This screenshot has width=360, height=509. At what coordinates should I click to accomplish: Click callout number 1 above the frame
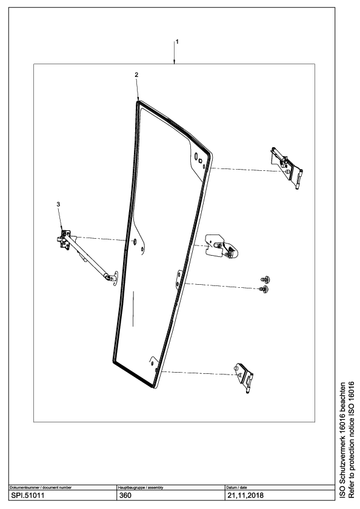pyautogui.click(x=177, y=42)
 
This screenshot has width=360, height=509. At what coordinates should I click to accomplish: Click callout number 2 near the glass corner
pyautogui.click(x=136, y=75)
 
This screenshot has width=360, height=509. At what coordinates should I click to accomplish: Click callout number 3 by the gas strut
pyautogui.click(x=58, y=204)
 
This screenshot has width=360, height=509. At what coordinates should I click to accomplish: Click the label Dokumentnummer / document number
pyautogui.click(x=41, y=488)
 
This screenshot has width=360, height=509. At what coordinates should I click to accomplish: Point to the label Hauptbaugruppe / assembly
pyautogui.click(x=141, y=488)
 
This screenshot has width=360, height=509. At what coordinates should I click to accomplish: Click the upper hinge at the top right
pyautogui.click(x=287, y=168)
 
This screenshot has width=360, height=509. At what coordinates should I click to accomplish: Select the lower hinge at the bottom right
pyautogui.click(x=244, y=378)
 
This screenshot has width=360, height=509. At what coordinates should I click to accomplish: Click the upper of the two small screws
pyautogui.click(x=266, y=279)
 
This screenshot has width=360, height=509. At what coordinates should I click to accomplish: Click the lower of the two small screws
pyautogui.click(x=264, y=289)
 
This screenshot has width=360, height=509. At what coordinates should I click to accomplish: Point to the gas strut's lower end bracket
pyautogui.click(x=113, y=278)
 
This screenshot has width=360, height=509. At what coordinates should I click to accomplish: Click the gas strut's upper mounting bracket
pyautogui.click(x=65, y=239)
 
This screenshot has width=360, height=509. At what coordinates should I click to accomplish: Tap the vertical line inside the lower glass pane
pyautogui.click(x=133, y=308)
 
